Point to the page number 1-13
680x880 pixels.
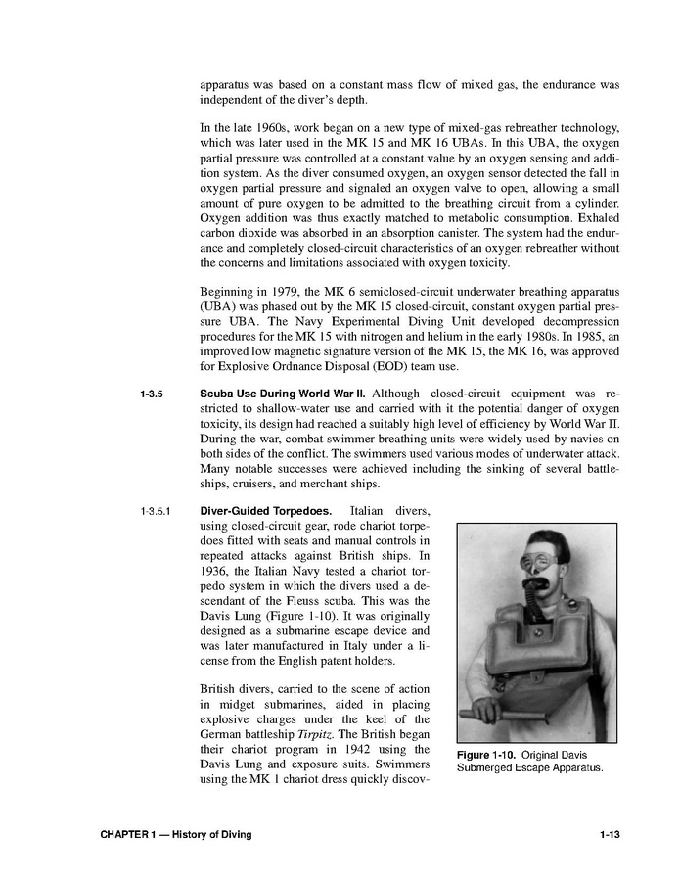pos(608,834)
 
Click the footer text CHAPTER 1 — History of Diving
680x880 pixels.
pos(176,834)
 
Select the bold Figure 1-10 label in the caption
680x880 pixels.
pos(486,754)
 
